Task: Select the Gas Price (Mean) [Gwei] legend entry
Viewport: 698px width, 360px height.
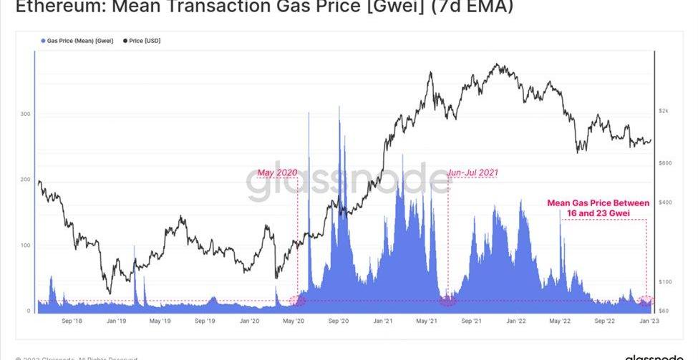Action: (72, 41)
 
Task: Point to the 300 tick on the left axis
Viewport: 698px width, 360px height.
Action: (26, 114)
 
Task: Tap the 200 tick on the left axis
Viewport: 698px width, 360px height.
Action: (26, 180)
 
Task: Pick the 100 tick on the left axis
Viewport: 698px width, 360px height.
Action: (26, 245)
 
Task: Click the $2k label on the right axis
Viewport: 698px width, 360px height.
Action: (664, 111)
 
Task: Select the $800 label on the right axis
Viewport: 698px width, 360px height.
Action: (665, 163)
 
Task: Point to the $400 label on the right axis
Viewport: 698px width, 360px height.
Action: (665, 203)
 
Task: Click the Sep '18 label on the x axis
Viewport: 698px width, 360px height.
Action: (72, 321)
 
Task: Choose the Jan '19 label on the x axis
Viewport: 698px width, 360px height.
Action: (117, 321)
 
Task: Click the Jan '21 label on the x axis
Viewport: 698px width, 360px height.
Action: (382, 321)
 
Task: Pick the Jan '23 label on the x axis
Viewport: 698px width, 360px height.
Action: (649, 321)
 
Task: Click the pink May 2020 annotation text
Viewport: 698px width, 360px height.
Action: (277, 173)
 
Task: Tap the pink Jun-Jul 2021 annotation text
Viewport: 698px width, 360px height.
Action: (472, 173)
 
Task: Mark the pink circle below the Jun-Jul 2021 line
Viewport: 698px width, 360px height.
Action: (447, 301)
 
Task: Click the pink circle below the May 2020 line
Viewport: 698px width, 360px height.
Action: (297, 301)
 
